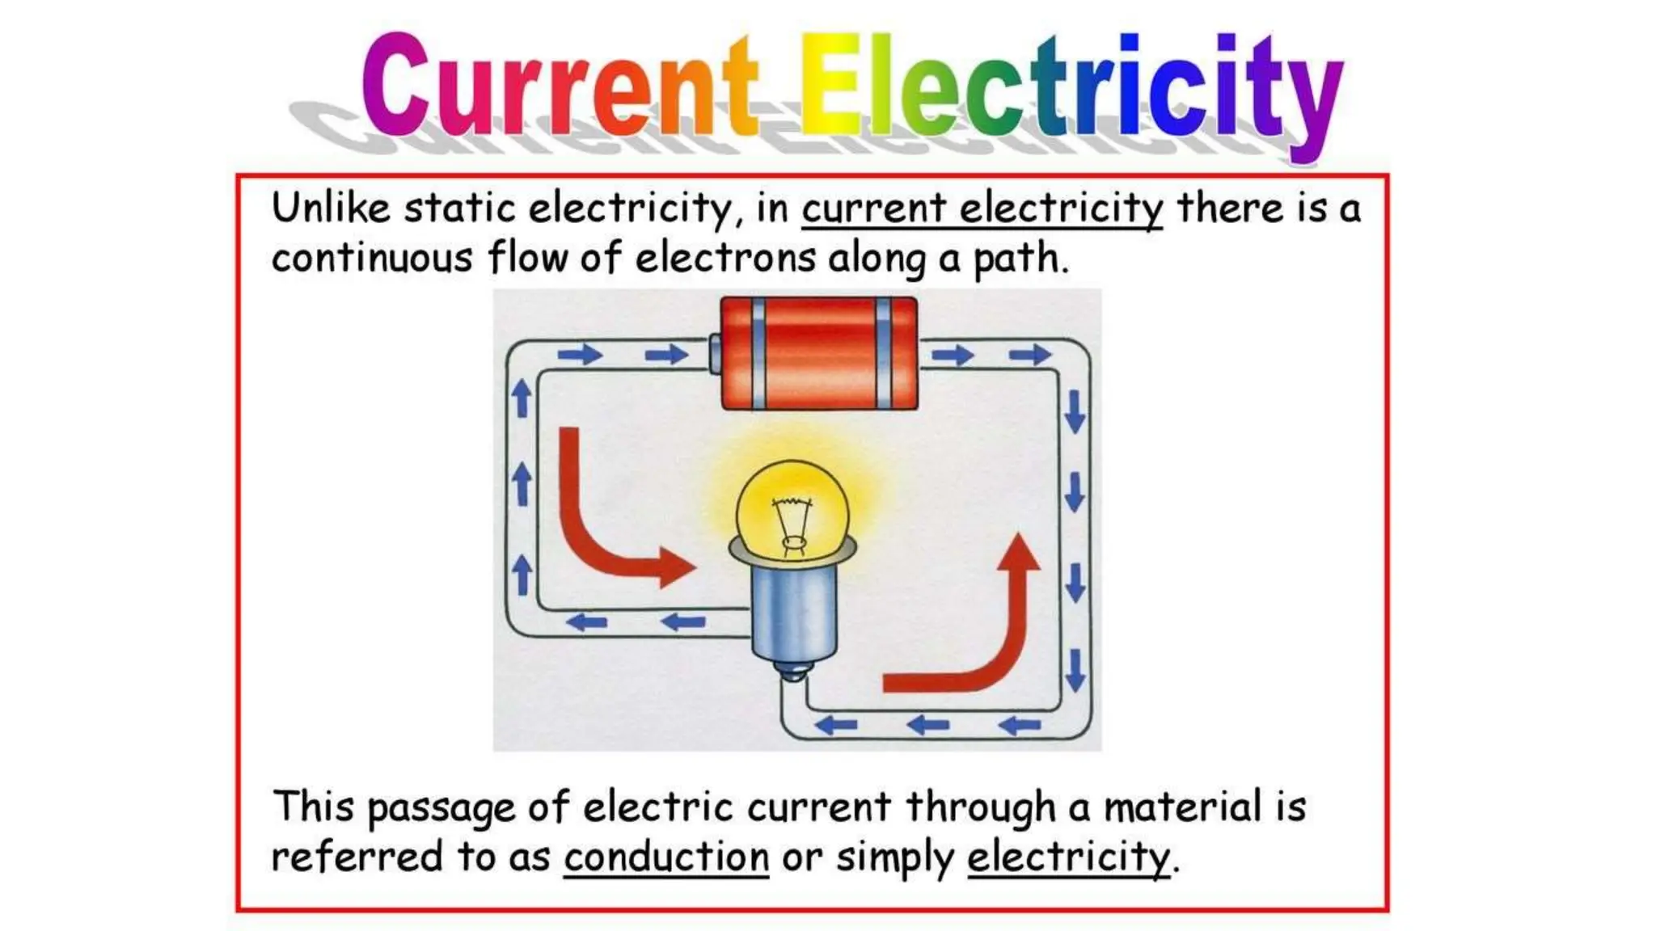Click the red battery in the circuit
coord(818,354)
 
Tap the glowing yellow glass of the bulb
coord(792,505)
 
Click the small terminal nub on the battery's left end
coord(715,353)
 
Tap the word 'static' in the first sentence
coord(459,209)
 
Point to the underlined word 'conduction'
coord(666,857)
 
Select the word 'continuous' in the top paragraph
coord(371,259)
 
